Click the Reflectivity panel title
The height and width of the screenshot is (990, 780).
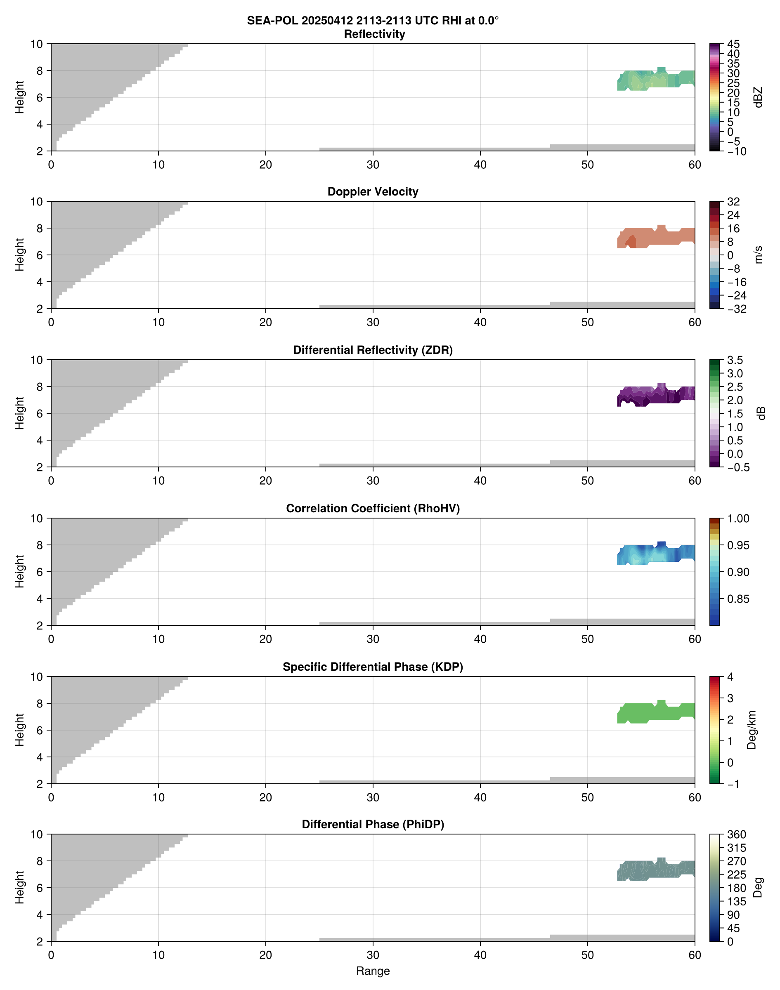point(374,34)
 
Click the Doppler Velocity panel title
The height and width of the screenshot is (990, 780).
point(373,192)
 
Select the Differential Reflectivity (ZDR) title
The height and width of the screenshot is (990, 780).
point(373,350)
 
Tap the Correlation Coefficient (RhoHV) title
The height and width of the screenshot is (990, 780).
point(373,509)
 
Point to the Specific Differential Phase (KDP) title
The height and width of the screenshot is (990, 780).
point(373,667)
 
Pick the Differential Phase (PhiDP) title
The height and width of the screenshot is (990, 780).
point(373,824)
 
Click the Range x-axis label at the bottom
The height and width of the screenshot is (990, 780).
point(373,971)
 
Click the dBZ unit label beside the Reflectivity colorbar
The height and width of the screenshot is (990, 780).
point(758,97)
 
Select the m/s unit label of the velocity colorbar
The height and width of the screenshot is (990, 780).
point(758,255)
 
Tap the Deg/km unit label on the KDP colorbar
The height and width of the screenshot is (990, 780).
point(752,730)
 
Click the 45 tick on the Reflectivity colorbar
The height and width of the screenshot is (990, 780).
point(733,44)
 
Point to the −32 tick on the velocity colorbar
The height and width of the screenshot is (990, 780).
point(737,309)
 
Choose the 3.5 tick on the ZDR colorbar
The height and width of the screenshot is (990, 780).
point(735,360)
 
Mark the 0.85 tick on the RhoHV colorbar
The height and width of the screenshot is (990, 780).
point(737,599)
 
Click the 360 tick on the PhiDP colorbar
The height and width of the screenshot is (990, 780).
point(736,835)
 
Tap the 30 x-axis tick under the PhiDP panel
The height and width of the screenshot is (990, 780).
point(373,955)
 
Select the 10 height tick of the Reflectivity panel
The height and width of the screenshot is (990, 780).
point(37,44)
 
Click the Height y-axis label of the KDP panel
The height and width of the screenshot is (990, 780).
point(19,730)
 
